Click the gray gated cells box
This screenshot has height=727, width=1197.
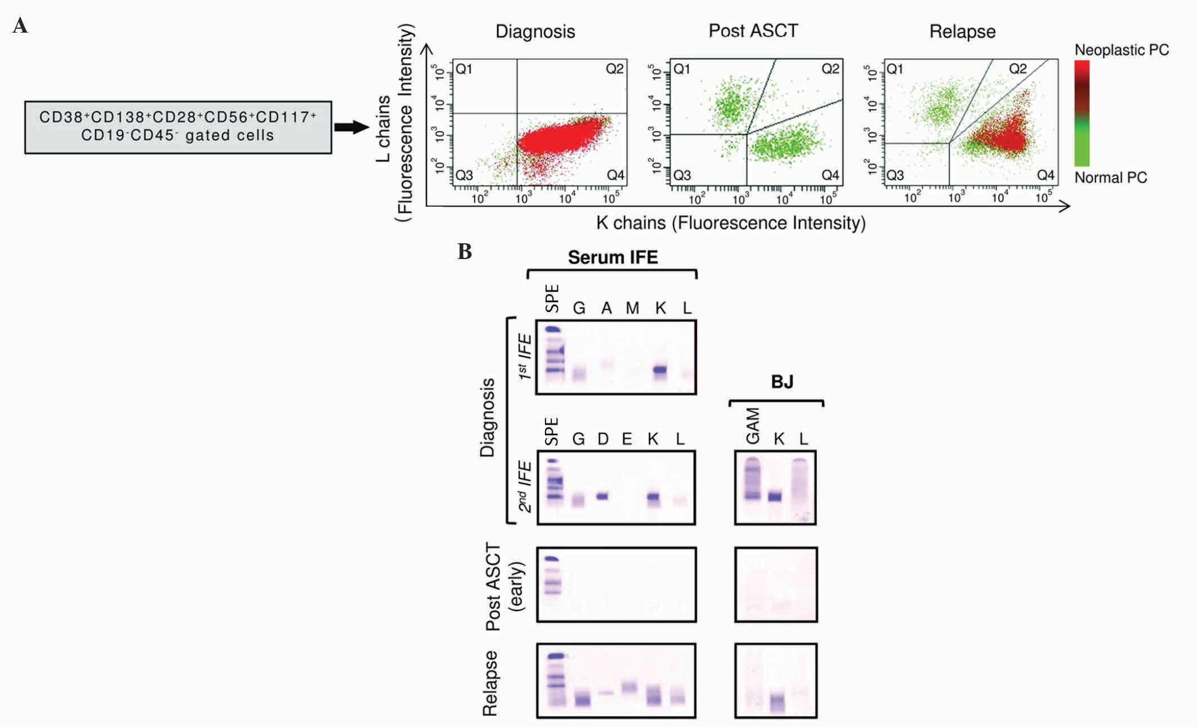click(178, 127)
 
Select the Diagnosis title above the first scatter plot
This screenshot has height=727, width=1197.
click(535, 32)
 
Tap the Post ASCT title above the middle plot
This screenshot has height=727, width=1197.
click(753, 30)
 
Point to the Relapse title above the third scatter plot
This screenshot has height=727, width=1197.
click(962, 32)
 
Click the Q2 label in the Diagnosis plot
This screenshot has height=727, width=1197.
click(614, 69)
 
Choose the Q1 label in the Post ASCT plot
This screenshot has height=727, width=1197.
click(682, 69)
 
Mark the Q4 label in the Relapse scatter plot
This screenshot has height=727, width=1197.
click(1046, 175)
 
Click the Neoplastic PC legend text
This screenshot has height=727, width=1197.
click(1122, 50)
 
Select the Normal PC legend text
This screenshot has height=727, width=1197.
click(1110, 178)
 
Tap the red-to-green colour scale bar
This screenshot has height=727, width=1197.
click(1082, 113)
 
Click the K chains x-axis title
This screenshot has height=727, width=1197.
click(730, 223)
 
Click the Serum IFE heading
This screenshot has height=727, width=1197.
click(613, 257)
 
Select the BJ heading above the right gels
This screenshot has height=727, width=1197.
click(781, 382)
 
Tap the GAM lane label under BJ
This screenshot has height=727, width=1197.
click(753, 426)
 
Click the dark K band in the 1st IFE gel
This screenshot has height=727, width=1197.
click(660, 370)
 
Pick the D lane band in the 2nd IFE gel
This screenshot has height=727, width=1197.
click(602, 496)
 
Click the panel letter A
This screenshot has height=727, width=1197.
click(20, 26)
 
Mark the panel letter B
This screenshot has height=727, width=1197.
click(464, 251)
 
